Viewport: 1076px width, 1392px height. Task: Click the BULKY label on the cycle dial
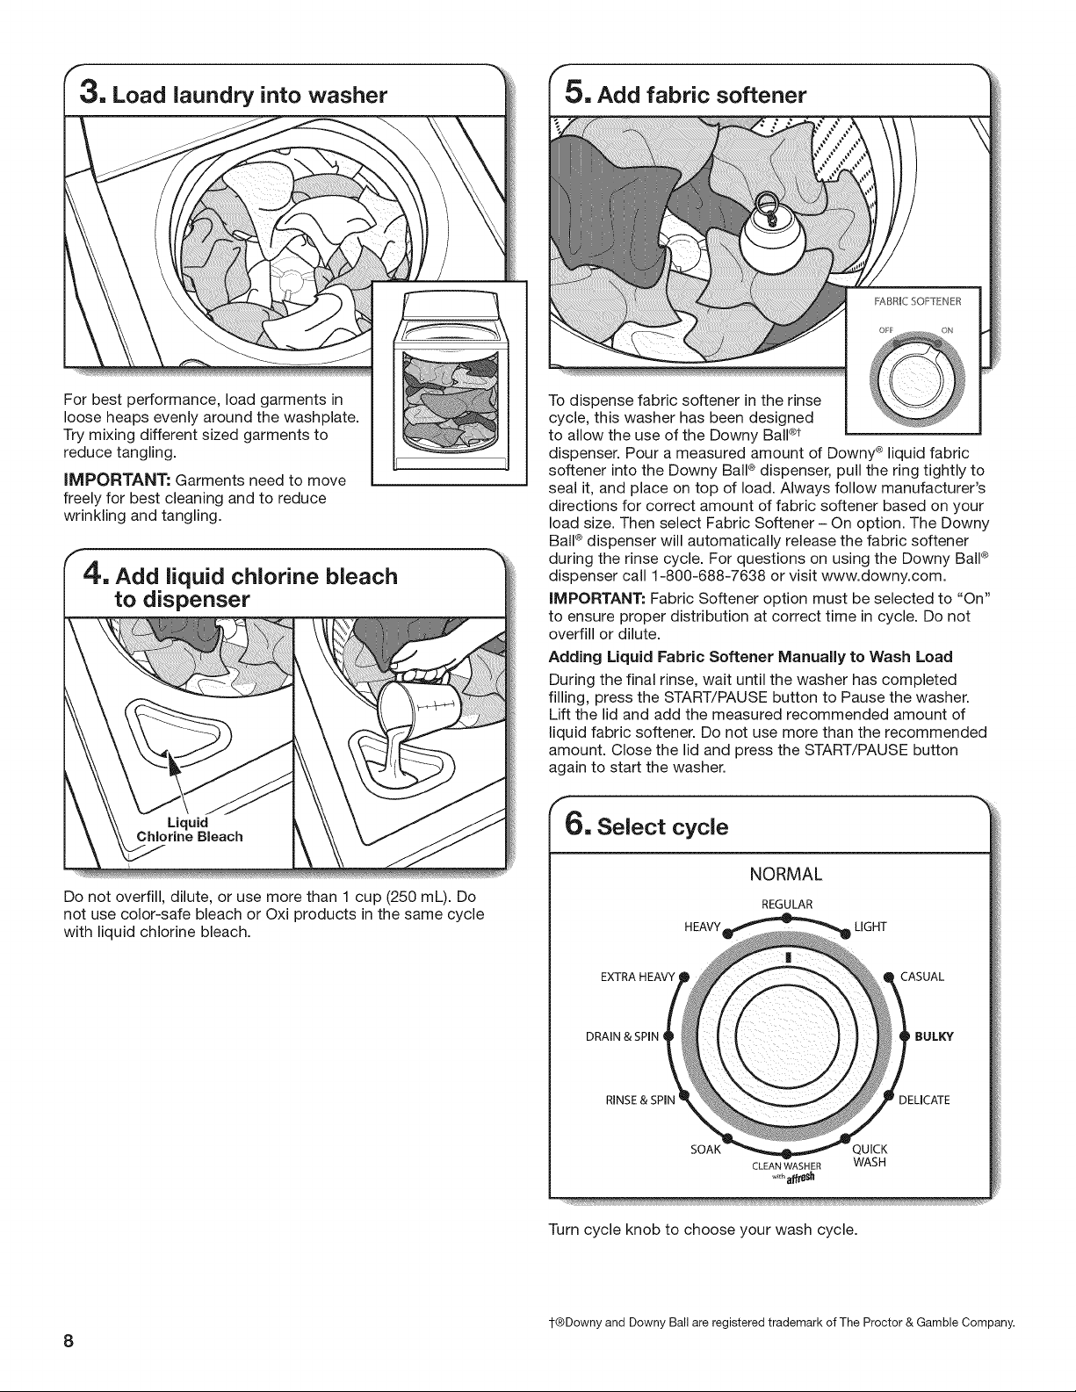click(x=934, y=1036)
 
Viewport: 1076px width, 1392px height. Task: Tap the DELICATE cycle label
click(x=924, y=1100)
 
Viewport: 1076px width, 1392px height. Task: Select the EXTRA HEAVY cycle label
click(x=638, y=977)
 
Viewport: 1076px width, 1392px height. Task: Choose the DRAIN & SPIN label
click(x=622, y=1036)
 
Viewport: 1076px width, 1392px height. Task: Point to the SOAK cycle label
click(x=706, y=1150)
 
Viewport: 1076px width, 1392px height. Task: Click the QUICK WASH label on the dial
click(x=870, y=1156)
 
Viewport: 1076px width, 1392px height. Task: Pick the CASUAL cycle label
click(x=922, y=977)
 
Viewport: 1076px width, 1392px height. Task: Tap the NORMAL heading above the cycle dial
click(x=786, y=874)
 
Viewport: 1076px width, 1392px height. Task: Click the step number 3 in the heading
click(x=89, y=93)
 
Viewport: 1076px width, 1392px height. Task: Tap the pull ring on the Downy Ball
click(x=766, y=207)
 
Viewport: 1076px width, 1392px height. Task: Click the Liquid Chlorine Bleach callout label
click(x=190, y=829)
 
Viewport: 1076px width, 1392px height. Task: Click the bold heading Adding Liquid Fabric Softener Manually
click(x=751, y=657)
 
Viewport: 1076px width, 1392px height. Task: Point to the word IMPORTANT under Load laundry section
click(x=117, y=480)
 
